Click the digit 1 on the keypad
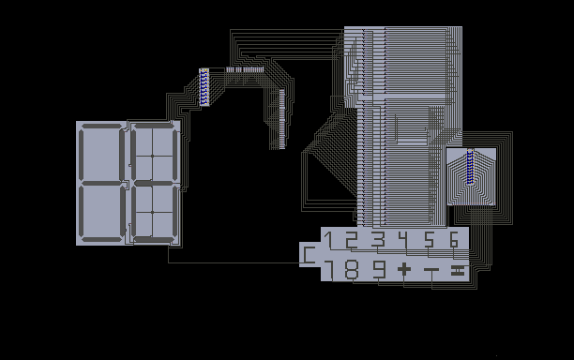tap(329, 240)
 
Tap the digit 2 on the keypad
tap(352, 240)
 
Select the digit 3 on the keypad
tap(379, 240)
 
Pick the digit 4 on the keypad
tap(403, 240)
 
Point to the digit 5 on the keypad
tap(429, 240)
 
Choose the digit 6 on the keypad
tap(454, 240)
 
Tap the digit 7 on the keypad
tap(329, 270)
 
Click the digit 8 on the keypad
tap(352, 270)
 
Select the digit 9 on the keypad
tap(379, 270)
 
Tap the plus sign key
tap(404, 270)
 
